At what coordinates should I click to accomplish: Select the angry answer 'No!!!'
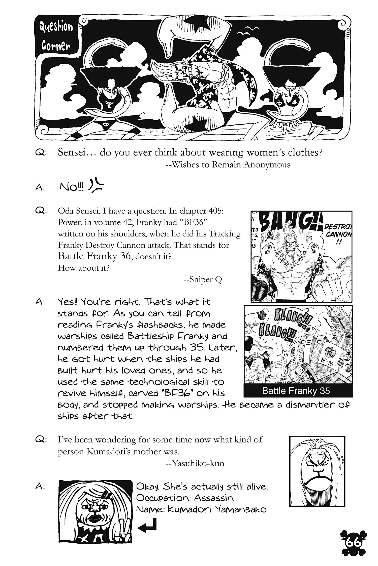[x=72, y=187]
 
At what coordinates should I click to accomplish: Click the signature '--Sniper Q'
[x=203, y=279]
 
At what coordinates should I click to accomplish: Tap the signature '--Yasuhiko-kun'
[x=195, y=463]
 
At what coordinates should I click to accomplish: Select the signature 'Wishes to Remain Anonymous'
[x=228, y=165]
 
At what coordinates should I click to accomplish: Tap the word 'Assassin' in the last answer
[x=214, y=498]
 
